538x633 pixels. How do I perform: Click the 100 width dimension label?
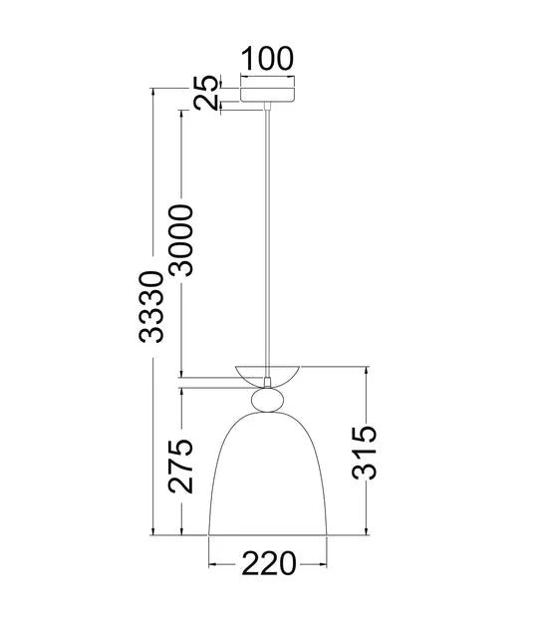coord(268,57)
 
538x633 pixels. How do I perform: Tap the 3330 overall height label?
coord(150,307)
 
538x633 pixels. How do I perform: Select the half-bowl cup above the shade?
coord(268,375)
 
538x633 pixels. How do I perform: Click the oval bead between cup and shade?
coord(268,400)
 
